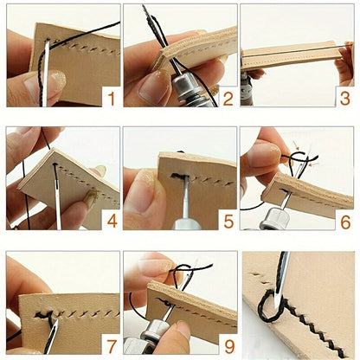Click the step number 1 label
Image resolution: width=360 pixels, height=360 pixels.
(110, 99)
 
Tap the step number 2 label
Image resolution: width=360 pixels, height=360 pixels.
(228, 99)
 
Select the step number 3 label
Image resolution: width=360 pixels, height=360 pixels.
(344, 99)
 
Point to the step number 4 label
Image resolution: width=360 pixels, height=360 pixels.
(111, 222)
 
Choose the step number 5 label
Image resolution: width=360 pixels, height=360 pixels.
(228, 222)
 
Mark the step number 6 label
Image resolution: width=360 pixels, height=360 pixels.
(344, 222)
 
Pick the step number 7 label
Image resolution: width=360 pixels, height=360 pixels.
(111, 344)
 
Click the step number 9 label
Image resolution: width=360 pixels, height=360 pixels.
(228, 344)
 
